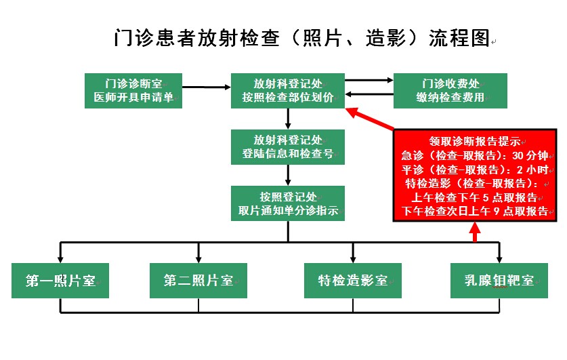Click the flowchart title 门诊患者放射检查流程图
[x=301, y=38]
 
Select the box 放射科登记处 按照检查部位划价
[x=289, y=91]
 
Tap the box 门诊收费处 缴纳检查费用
[x=450, y=91]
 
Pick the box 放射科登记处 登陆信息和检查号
[x=289, y=146]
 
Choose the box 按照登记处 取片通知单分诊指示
[x=289, y=203]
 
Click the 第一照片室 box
[x=60, y=280]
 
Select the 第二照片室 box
[x=198, y=280]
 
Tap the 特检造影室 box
[x=352, y=280]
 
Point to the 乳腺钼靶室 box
[x=499, y=280]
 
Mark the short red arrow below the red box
[x=475, y=232]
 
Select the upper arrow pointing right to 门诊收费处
[x=369, y=81]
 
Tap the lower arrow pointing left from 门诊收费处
[x=369, y=95]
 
